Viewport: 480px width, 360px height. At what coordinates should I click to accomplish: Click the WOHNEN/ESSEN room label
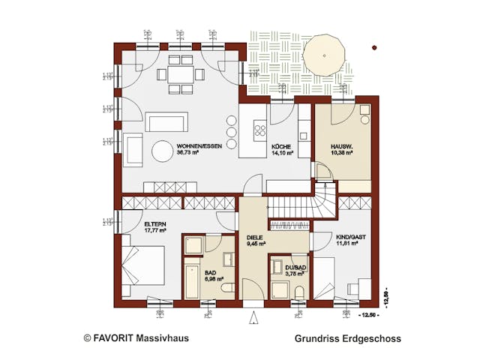(197, 145)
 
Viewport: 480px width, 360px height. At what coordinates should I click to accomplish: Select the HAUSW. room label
(341, 145)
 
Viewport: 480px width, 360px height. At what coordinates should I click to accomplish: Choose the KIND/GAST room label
(345, 237)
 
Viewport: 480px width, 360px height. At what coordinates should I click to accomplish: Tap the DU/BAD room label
(294, 268)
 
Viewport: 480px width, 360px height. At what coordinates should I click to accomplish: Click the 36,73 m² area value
(187, 152)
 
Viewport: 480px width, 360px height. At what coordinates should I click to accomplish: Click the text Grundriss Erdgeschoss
(347, 339)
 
